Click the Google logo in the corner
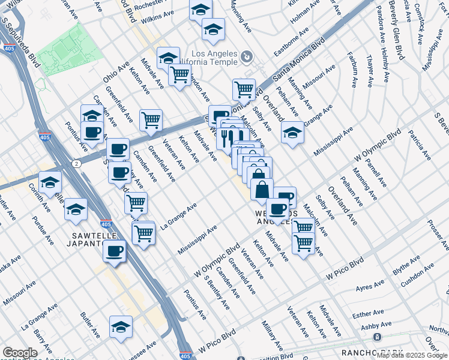tap(20, 353)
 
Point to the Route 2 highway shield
tap(76, 163)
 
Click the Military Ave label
tap(272, 335)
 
